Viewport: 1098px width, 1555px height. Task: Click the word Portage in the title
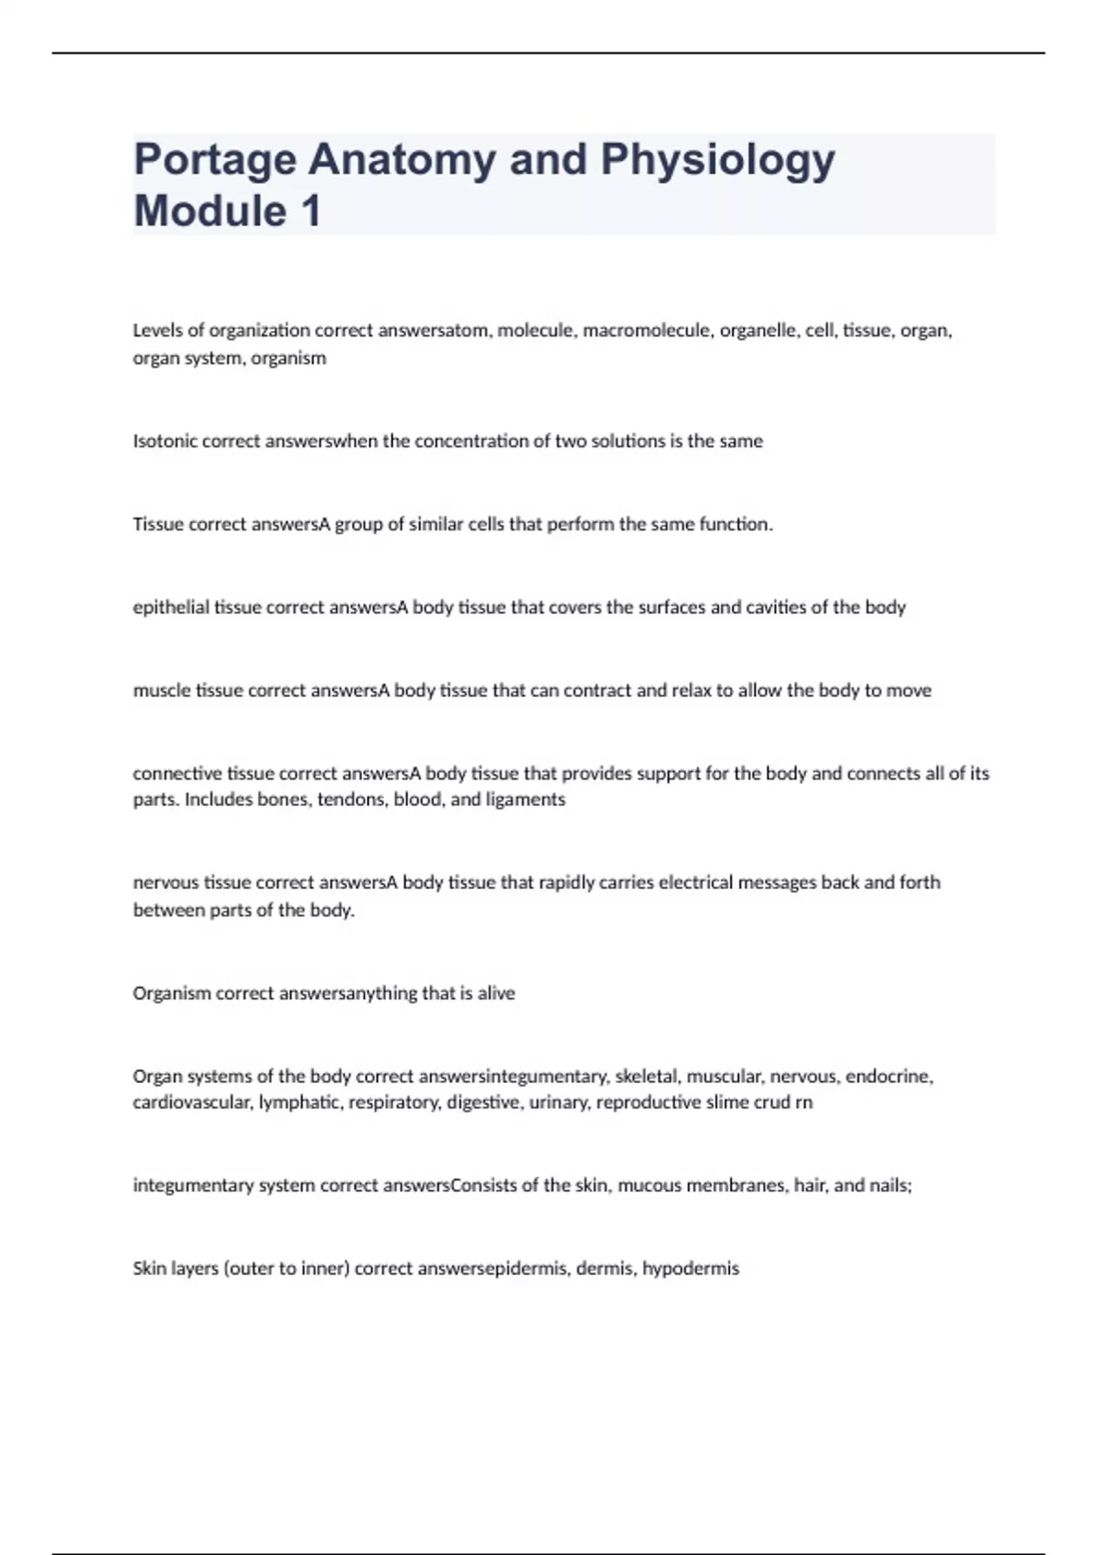215,161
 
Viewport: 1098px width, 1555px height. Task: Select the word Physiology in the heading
717,161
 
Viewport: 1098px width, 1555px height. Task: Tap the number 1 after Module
311,211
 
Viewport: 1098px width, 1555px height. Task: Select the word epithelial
171,607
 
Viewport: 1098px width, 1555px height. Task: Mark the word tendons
351,799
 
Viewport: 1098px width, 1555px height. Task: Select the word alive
497,993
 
